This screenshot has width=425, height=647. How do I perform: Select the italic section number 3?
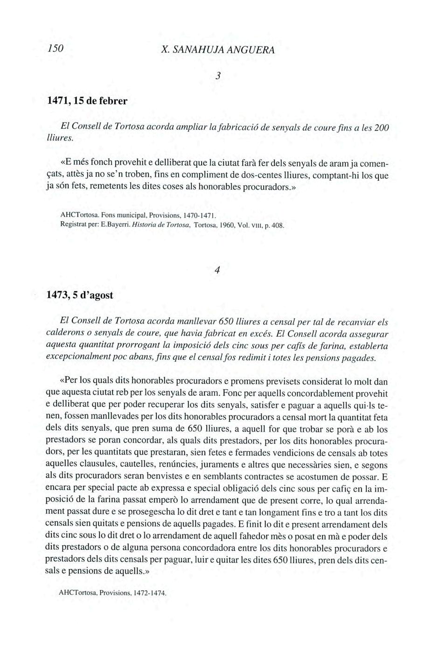pyautogui.click(x=218, y=76)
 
